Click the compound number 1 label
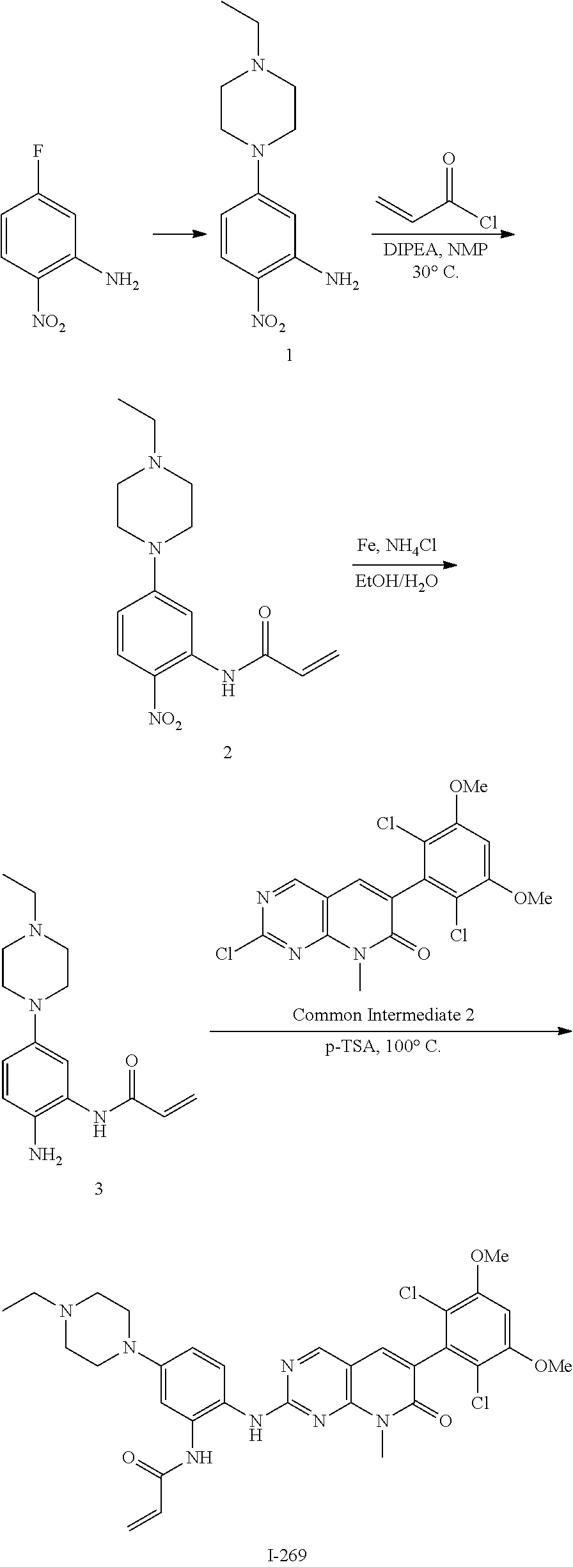click(289, 355)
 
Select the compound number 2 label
click(227, 752)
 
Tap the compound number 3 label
click(98, 1189)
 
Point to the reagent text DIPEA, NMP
click(436, 250)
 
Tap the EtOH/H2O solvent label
click(397, 582)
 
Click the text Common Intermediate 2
click(383, 1014)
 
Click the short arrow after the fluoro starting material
click(180, 234)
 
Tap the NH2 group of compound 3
click(45, 1158)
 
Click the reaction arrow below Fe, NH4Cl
click(404, 564)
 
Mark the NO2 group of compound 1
click(268, 321)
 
